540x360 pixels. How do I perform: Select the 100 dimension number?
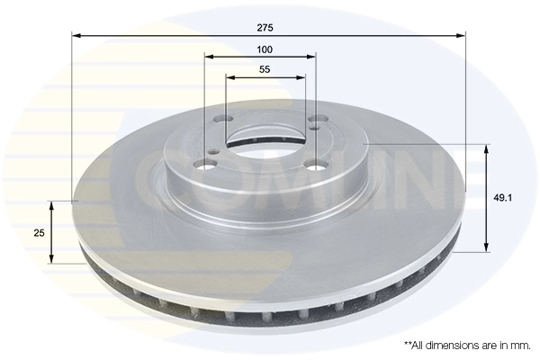click(x=264, y=49)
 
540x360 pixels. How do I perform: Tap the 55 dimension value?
click(x=265, y=69)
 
